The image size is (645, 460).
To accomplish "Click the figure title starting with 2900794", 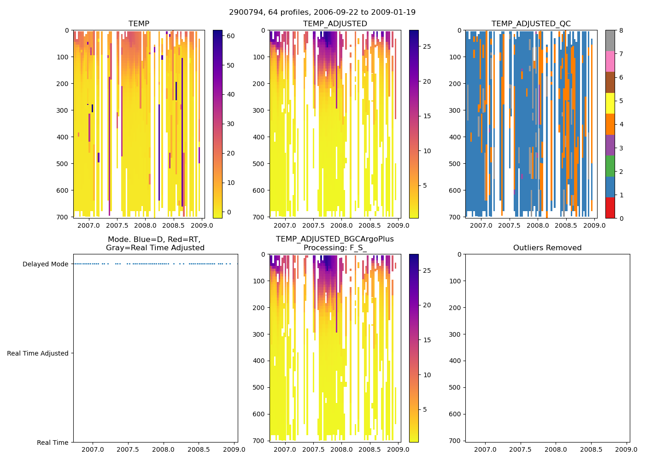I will (322, 12).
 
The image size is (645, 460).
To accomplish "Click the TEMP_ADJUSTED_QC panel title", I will (531, 24).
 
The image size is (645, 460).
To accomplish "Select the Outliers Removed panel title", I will (547, 248).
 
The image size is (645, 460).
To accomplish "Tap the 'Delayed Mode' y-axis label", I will (45, 264).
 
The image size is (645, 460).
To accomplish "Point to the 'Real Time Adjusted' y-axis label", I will (37, 353).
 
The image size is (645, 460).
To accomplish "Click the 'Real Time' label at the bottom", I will (53, 443).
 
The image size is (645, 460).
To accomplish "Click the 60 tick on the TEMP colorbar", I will (230, 36).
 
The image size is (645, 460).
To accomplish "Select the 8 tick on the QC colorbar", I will (621, 30).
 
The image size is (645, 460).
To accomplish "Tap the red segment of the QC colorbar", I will (610, 207).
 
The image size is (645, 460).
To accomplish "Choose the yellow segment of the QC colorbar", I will (610, 103).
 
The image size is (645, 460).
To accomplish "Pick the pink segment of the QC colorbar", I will (610, 61).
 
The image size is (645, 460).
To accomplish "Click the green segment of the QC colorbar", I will (610, 166).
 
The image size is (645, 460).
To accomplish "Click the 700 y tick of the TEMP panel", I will (63, 217).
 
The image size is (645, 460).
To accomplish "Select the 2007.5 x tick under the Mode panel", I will (128, 449).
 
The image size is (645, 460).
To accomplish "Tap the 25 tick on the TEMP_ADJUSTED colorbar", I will (427, 46).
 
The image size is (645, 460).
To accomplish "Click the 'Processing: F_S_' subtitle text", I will (335, 248).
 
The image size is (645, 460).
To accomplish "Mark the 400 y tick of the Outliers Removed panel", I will (455, 361).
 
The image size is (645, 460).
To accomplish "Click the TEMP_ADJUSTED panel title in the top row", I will (335, 24).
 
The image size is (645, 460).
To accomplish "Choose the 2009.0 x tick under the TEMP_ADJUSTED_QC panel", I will (594, 225).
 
